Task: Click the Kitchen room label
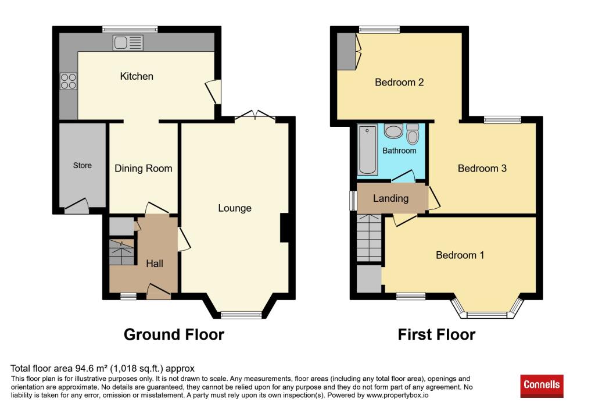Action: point(137,76)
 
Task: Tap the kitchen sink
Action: point(128,43)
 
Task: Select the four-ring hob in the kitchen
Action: point(69,81)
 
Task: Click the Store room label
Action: point(83,166)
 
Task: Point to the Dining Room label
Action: point(144,169)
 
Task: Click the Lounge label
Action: point(235,208)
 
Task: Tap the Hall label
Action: point(155,263)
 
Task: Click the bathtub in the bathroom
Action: point(367,149)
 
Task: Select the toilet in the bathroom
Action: point(413,134)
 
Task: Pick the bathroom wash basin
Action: point(393,131)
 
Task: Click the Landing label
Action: point(391,198)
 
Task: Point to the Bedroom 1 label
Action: point(460,255)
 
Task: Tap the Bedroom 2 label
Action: point(399,83)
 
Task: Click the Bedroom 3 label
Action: point(482,168)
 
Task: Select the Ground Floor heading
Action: point(174,334)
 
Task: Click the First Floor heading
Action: point(436,334)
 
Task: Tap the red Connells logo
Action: point(542,386)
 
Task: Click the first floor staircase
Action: point(369,238)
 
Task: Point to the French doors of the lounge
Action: point(255,116)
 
